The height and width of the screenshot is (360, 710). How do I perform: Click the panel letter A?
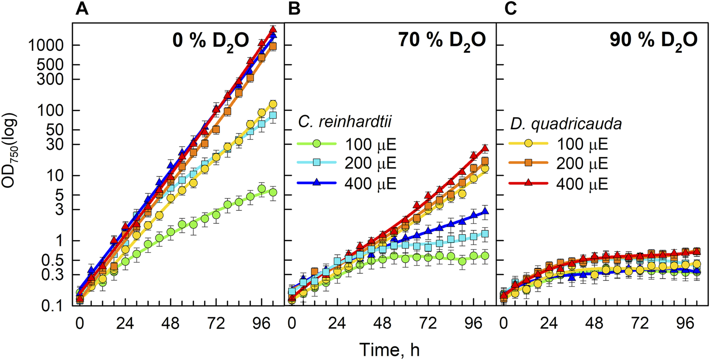82,9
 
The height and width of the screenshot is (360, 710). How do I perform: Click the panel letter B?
294,9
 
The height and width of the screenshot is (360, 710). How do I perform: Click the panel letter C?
511,9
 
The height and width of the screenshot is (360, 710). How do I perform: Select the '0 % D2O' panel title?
211,41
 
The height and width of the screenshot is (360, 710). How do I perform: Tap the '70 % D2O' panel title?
442,41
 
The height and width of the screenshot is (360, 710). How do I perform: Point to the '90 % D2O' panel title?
653,41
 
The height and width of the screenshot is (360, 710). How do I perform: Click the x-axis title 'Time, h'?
389,350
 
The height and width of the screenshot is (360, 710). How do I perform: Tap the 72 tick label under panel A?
216,324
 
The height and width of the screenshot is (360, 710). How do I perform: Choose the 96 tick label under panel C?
685,324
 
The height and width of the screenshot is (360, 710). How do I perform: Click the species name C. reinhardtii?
345,122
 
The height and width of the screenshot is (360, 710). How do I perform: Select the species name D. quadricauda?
566,124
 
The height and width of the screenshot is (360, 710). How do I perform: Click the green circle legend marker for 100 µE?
316,144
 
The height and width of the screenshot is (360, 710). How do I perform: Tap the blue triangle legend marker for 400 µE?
316,183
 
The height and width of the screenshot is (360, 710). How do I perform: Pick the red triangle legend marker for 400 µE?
528,183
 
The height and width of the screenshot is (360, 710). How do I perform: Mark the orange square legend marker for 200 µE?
528,163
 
